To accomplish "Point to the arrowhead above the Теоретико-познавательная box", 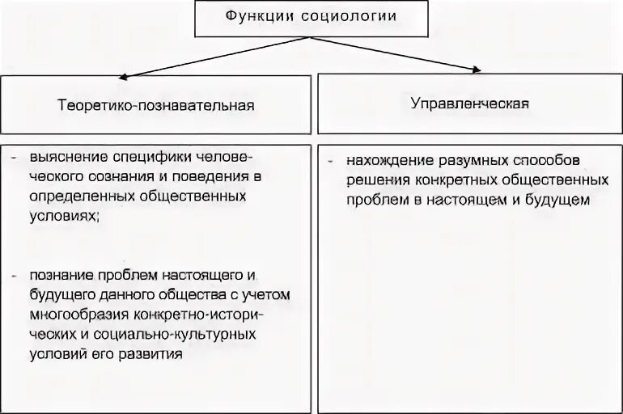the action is click(130, 76).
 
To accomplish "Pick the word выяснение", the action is click(64, 154).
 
